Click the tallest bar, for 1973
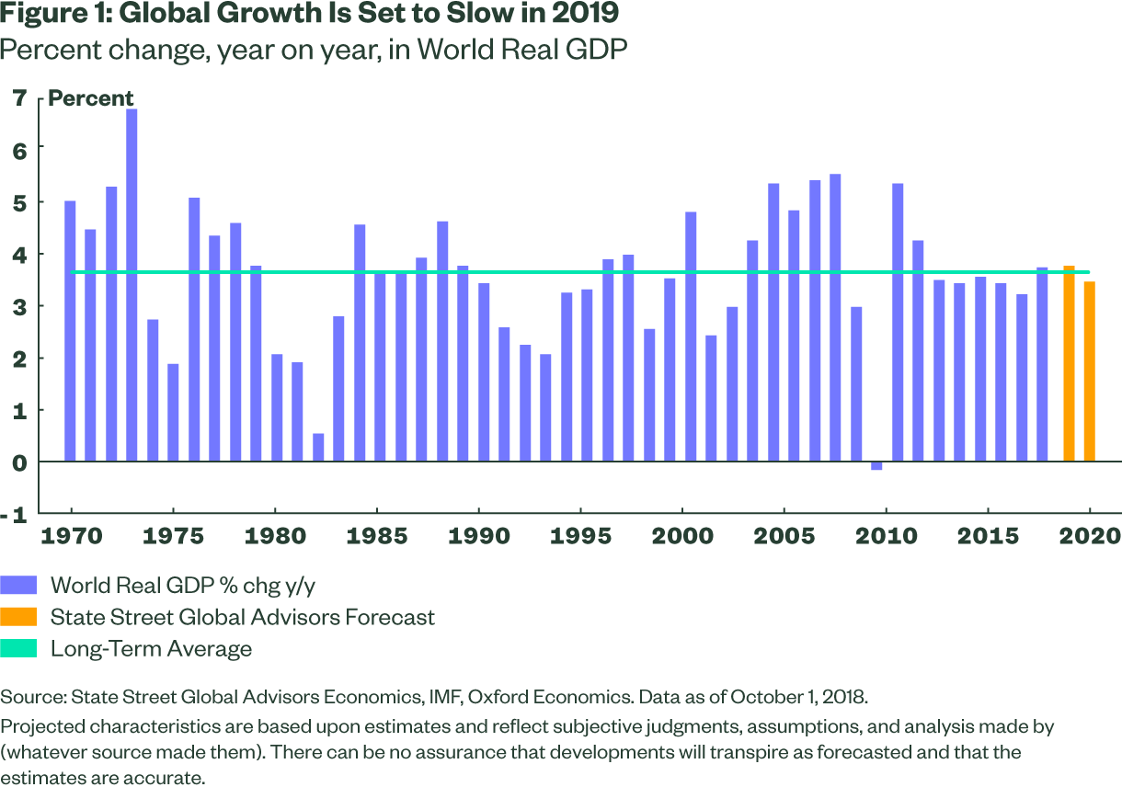coord(132,285)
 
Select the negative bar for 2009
coord(876,466)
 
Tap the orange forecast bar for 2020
coord(1089,371)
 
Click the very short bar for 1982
coord(318,448)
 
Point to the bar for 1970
coord(70,331)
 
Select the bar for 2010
coord(898,323)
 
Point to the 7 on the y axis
coord(19,97)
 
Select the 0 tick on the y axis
coord(19,462)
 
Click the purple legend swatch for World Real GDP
coord(19,586)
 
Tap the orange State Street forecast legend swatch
coord(19,617)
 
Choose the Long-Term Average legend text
coord(151,648)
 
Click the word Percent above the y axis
coord(91,98)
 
